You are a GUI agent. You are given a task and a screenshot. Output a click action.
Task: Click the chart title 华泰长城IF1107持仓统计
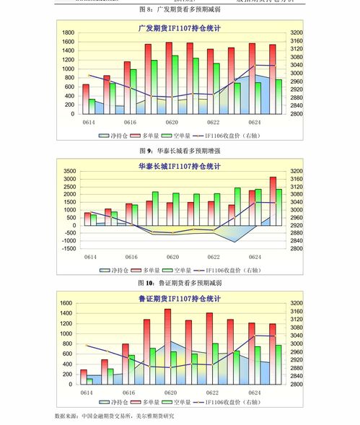pos(180,166)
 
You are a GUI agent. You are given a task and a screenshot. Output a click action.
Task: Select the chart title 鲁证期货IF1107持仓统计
pos(180,298)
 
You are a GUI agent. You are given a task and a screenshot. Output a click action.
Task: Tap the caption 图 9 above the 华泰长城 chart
pos(145,152)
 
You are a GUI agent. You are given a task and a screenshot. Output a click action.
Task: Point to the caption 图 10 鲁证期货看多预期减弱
pos(180,284)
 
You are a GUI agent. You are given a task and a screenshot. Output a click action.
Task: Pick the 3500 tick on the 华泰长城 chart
pos(69,171)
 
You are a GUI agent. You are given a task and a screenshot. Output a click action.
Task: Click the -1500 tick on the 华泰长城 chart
pos(68,248)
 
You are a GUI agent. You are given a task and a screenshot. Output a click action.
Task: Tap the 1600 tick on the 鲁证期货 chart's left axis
pos(66,303)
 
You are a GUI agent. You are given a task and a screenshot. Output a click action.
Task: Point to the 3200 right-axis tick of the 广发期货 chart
pos(297,33)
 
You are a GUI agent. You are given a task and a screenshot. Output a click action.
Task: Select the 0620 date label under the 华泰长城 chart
pos(172,258)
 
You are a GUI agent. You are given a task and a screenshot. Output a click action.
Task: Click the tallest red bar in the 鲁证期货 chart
pos(167,346)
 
